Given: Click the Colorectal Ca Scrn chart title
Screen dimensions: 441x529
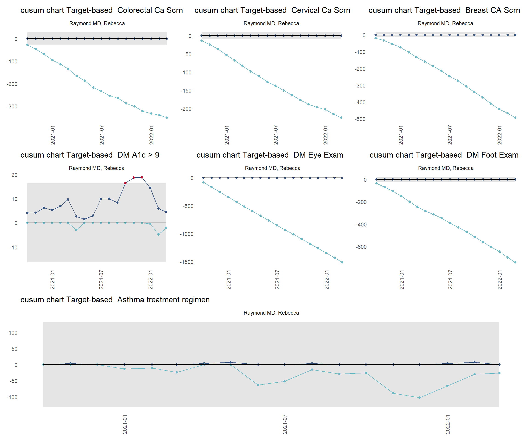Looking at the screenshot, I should (x=101, y=10).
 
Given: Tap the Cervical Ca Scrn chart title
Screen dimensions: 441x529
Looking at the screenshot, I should (x=272, y=10).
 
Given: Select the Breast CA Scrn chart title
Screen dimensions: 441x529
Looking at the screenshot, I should (x=444, y=10).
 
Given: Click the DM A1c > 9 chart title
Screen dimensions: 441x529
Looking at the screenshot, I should (x=90, y=155).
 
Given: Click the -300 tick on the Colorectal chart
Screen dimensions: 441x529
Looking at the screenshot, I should (x=12, y=107).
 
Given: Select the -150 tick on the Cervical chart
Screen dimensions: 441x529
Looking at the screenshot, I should (x=186, y=91).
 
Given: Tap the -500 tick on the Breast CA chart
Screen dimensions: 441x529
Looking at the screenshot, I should (x=360, y=119).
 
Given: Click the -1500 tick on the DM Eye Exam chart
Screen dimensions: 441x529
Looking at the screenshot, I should (x=186, y=262).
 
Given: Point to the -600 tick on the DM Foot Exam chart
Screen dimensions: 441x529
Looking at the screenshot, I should (x=361, y=247).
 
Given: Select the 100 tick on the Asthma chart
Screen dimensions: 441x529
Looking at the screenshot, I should (x=13, y=333).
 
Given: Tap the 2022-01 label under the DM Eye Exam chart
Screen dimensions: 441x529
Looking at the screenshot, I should (x=326, y=280).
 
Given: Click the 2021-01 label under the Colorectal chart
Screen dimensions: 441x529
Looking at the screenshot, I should (x=53, y=135).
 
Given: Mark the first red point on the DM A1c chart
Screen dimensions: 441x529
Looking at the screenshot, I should (x=125, y=183).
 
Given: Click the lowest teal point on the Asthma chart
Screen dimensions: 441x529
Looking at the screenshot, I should (x=420, y=398).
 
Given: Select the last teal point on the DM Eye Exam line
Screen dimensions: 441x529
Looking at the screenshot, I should (x=342, y=262).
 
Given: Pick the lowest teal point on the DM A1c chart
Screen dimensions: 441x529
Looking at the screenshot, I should (x=158, y=235).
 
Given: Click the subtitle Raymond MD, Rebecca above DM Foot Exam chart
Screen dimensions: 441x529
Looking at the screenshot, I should (x=446, y=168).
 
